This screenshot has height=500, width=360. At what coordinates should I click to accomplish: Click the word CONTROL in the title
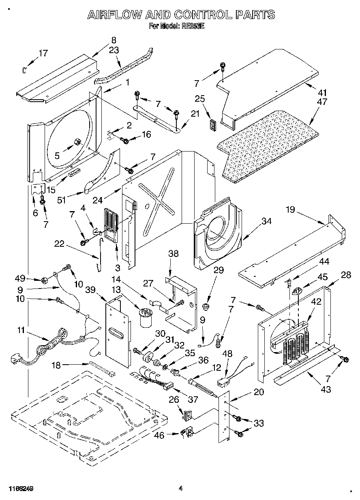click(203, 15)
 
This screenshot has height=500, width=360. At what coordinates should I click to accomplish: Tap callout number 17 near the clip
click(43, 53)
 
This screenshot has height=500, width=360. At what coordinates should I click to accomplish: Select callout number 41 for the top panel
click(322, 93)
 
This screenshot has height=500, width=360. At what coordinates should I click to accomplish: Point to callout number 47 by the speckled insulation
click(322, 102)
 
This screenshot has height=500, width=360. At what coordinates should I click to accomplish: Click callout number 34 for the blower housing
click(266, 222)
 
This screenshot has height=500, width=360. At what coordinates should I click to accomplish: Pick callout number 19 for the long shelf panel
click(290, 210)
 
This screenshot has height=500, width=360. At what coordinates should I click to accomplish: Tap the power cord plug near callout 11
click(16, 358)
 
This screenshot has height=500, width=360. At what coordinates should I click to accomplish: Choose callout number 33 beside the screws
click(258, 423)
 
